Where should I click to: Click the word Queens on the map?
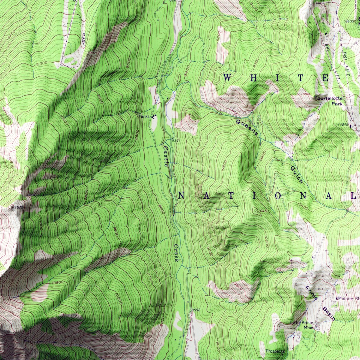[247, 127]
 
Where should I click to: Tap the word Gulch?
[297, 175]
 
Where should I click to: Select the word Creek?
[176, 253]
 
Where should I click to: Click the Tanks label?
[144, 117]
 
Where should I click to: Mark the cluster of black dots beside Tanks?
[154, 117]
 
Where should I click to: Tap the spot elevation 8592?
[195, 310]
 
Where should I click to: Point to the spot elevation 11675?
[17, 207]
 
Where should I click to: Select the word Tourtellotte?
[328, 99]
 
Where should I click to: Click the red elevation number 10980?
[306, 94]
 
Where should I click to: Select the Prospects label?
[275, 351]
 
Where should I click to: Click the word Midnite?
[346, 298]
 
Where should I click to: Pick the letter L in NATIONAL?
[354, 196]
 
